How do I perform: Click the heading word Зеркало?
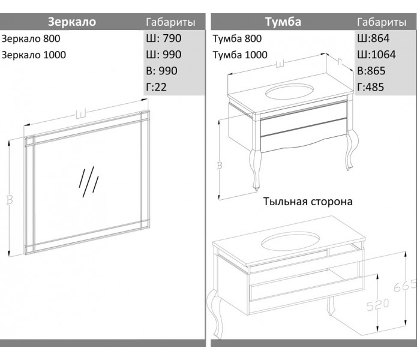coord(72,22)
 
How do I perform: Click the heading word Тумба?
coord(283,22)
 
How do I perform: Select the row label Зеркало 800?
coord(31,38)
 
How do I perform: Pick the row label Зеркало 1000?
coord(34,55)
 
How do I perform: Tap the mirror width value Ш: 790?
coord(164,38)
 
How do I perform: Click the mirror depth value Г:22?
coord(156,87)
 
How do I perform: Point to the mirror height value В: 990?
coord(161,71)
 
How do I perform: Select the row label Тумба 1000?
coord(240,55)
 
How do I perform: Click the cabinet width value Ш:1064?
coord(376,55)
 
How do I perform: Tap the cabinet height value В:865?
coord(371,71)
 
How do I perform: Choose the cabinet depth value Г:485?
coord(370,87)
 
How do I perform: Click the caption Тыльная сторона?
coord(308,202)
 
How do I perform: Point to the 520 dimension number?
coord(377,305)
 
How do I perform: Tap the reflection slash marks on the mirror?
coord(89,182)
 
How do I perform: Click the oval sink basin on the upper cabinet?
coord(289,92)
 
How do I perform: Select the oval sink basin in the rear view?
coord(290,242)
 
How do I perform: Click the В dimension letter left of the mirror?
coord(10,200)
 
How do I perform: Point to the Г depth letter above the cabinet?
coord(340,62)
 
